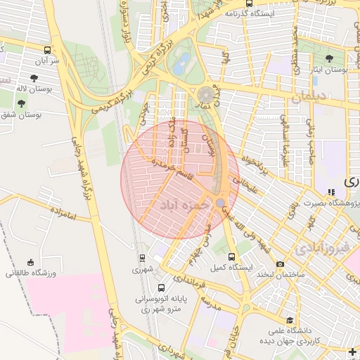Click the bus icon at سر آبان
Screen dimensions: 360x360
coord(47,51)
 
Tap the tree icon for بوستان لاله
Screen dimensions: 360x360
coord(34,78)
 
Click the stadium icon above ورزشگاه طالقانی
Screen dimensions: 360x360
coord(30,262)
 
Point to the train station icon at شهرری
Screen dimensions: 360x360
coord(143,258)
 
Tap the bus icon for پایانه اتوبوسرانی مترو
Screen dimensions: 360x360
coord(162,288)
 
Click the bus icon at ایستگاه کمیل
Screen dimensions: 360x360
coord(233,257)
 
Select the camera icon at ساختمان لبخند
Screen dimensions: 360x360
coord(281,264)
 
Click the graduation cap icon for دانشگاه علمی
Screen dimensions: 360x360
coord(289,320)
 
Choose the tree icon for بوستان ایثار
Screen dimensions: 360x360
coord(330,58)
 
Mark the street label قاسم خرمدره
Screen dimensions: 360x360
coord(169,169)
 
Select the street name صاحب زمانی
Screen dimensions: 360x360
coord(310,131)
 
